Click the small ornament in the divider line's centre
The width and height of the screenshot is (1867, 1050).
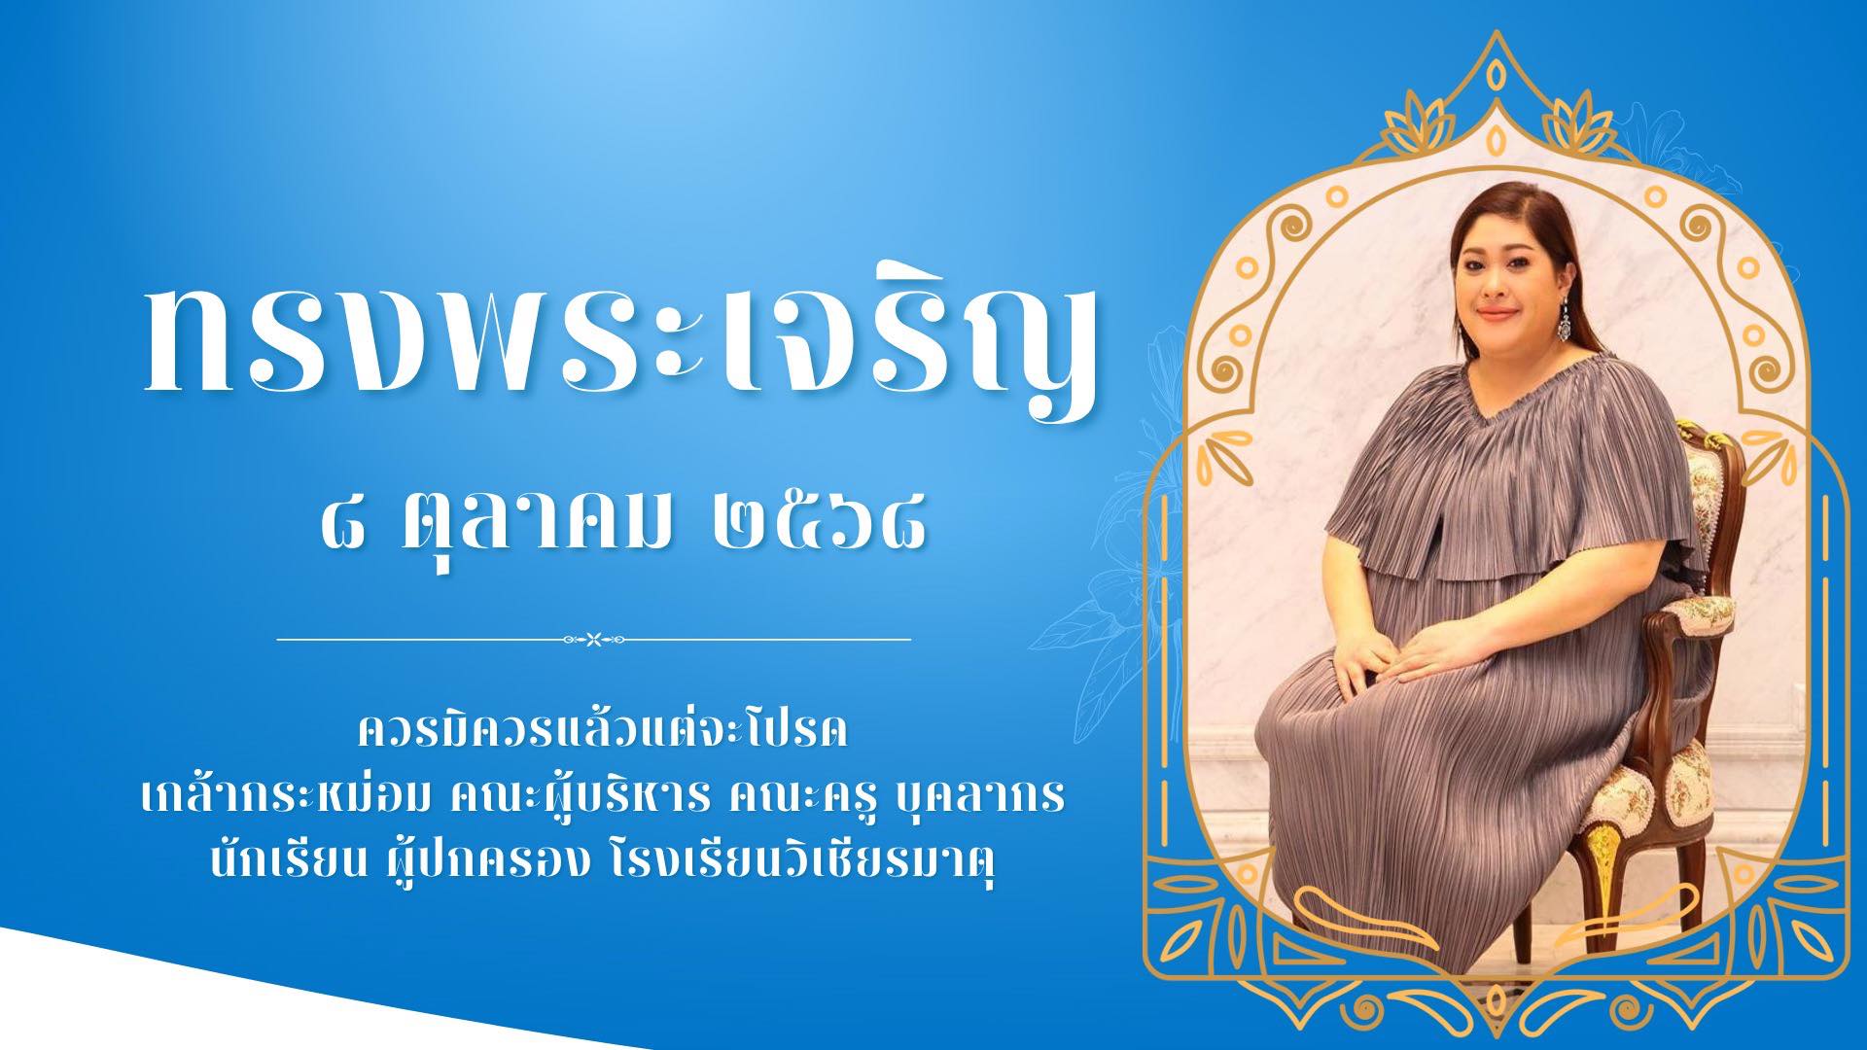(593, 640)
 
